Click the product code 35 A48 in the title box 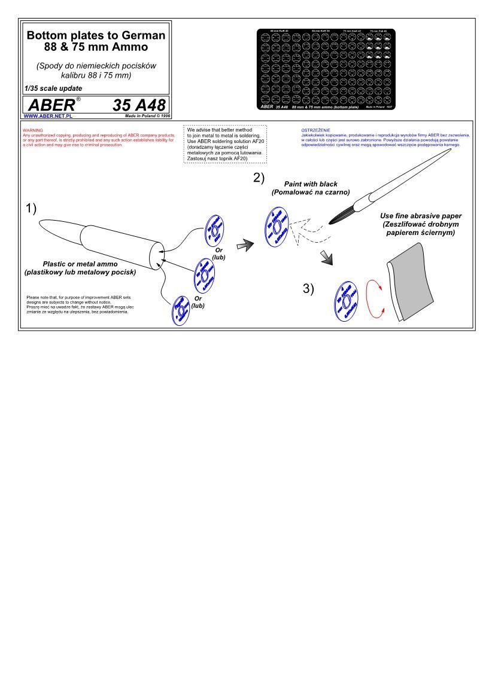138,105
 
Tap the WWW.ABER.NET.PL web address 48,116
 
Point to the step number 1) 31,209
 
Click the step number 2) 259,177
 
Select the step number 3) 308,289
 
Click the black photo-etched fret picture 326,69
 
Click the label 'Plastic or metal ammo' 80,264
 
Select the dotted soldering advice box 225,144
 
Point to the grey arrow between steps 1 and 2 244,243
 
